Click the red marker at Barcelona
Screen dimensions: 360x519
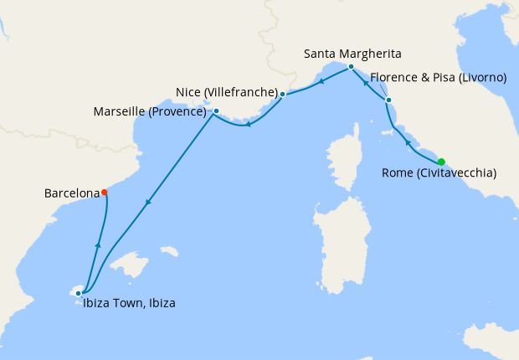pos(105,193)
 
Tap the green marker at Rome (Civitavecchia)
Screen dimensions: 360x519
pos(441,162)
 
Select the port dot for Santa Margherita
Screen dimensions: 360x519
pos(351,66)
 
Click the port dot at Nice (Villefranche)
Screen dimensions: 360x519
pos(283,94)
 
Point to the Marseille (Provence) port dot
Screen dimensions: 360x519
pos(216,111)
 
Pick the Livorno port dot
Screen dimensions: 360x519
pos(388,100)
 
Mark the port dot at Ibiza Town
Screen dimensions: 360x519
pos(78,293)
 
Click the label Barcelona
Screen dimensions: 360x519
pos(71,193)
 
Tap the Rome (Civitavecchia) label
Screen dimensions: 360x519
pos(439,173)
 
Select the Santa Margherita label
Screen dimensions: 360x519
pos(352,54)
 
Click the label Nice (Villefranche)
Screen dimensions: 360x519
pos(227,91)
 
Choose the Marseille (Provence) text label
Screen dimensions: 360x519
pos(151,111)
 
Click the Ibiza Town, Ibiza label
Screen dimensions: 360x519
pos(129,304)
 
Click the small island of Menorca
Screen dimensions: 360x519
pos(168,251)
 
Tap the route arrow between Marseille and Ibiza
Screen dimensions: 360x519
pos(147,202)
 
